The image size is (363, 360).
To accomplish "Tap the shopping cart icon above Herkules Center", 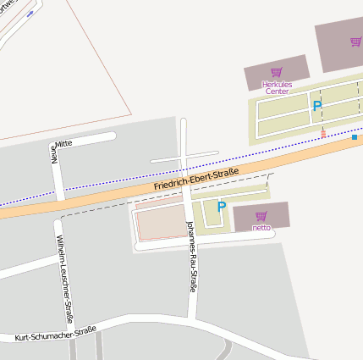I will coord(276,72).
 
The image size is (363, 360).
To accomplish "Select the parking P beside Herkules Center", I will coord(317,107).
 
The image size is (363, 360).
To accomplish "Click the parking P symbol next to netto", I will coord(222,206).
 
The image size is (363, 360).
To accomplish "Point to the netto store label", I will coord(261,227).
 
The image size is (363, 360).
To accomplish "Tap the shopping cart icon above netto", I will coord(261,216).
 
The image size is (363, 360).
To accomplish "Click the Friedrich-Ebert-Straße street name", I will coord(196,178).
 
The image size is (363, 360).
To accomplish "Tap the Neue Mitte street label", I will coord(56,149).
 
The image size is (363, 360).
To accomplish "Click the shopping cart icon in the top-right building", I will coord(355,41).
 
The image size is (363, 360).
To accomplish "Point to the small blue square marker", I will coord(355,137).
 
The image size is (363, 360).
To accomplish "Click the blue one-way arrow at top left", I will coord(31,14).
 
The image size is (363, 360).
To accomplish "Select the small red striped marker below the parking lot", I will coord(322,133).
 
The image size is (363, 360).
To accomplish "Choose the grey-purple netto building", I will coord(261,216).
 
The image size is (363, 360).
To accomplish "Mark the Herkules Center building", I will coord(276,73).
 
